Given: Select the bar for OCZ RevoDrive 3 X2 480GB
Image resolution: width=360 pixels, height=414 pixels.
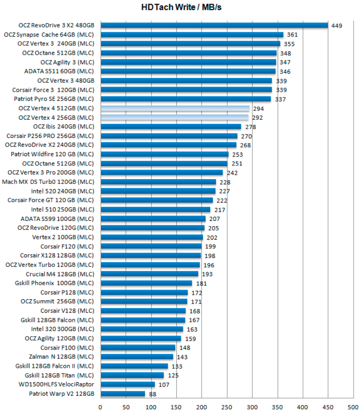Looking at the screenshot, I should click(x=214, y=25).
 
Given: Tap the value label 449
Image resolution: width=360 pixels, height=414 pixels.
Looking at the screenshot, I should click(x=336, y=26).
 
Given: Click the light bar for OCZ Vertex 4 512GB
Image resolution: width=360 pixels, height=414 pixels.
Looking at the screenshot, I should click(x=175, y=108).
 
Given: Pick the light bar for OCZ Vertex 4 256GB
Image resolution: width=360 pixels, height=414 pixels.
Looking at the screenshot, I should click(x=174, y=117).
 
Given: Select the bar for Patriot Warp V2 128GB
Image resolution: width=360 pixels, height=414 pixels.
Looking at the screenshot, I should click(x=122, y=394).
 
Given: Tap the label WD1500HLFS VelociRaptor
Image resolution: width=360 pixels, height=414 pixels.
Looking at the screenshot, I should click(x=56, y=384).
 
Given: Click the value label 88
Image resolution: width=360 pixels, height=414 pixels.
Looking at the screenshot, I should click(x=153, y=394).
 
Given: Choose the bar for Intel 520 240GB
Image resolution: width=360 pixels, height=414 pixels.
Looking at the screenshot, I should click(x=158, y=191).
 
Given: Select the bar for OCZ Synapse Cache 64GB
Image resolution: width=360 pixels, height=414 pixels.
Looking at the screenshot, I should click(x=192, y=34).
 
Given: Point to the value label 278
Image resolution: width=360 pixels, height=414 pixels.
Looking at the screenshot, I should click(x=250, y=127).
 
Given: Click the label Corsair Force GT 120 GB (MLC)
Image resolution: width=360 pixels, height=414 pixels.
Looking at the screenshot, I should click(x=50, y=200).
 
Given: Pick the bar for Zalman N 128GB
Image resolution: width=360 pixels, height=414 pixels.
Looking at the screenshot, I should click(x=136, y=357).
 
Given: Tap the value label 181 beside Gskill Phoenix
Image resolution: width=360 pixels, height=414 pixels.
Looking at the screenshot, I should click(x=201, y=284).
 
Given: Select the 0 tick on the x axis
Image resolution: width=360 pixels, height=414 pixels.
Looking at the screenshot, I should click(x=100, y=407).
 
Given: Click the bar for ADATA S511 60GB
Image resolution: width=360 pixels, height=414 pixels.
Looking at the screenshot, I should click(x=188, y=71).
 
